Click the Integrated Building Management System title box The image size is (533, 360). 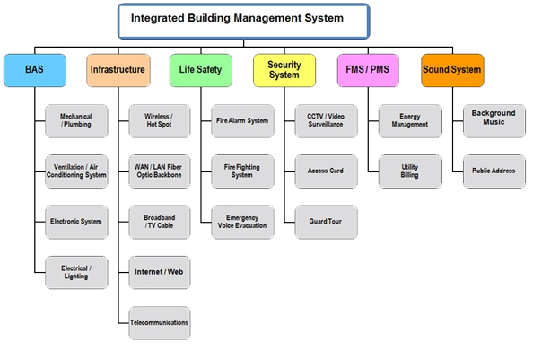pyautogui.click(x=244, y=21)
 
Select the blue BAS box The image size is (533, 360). pyautogui.click(x=35, y=70)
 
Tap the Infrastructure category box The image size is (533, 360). pyautogui.click(x=118, y=70)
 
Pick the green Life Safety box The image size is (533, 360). pyautogui.click(x=201, y=70)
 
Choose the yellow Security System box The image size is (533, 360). pyautogui.click(x=284, y=70)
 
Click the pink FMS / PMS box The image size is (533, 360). pyautogui.click(x=368, y=70)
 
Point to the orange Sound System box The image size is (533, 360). pyautogui.click(x=452, y=70)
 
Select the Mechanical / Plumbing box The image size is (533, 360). pyautogui.click(x=76, y=121)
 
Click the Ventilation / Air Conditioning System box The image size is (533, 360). pyautogui.click(x=76, y=171)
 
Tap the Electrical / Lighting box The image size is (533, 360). pyautogui.click(x=76, y=273)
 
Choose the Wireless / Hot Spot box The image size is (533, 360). pyautogui.click(x=160, y=121)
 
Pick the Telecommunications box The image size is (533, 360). pyautogui.click(x=160, y=323)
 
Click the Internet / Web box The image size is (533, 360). pyautogui.click(x=160, y=273)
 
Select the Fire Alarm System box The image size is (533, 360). pyautogui.click(x=242, y=121)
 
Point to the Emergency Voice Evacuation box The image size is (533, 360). pyautogui.click(x=242, y=222)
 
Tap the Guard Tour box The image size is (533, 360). pyautogui.click(x=326, y=222)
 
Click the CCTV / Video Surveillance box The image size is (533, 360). pyautogui.click(x=326, y=121)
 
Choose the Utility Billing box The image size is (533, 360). pyautogui.click(x=410, y=171)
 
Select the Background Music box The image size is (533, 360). pyautogui.click(x=494, y=121)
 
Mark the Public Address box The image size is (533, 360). pyautogui.click(x=494, y=171)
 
